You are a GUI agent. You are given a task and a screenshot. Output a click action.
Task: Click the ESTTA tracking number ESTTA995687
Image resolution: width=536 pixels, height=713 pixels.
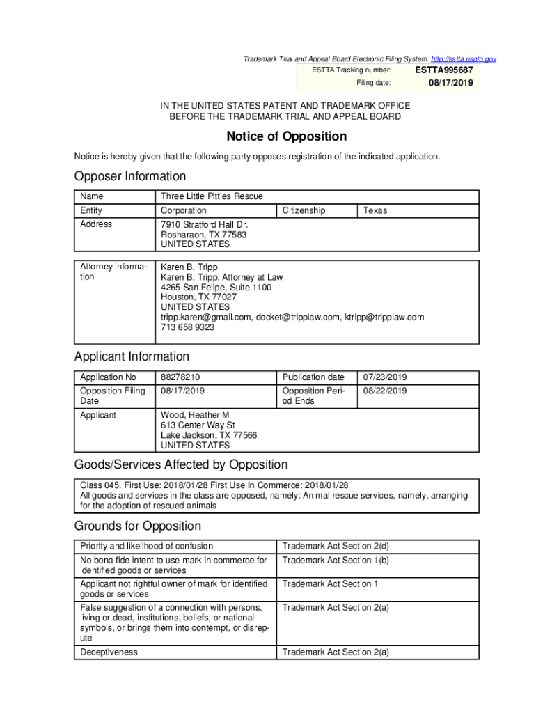point(444,70)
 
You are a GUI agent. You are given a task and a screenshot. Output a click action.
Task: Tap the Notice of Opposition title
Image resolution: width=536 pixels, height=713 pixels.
point(286,136)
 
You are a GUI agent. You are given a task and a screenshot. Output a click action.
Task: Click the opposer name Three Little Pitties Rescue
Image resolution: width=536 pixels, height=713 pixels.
point(212,196)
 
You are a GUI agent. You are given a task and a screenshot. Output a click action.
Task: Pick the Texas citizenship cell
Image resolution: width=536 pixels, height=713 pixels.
point(375,210)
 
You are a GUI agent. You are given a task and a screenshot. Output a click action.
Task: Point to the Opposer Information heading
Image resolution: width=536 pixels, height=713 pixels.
point(130,176)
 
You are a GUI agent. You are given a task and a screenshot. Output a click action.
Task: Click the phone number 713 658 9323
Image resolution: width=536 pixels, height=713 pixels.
point(187,327)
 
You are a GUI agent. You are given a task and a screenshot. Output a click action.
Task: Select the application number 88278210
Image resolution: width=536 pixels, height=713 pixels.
point(180,377)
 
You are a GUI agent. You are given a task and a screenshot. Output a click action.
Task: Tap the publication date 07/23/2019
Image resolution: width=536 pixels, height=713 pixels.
point(384,377)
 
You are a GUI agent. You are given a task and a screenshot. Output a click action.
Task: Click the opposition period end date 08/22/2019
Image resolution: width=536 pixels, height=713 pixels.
point(384,391)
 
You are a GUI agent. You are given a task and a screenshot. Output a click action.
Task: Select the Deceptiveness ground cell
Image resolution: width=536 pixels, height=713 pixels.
point(109,652)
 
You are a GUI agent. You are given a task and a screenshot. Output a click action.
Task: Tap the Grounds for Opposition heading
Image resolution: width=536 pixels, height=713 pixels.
point(137,526)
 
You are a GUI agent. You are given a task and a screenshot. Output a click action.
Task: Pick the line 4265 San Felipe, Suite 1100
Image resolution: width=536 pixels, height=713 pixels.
point(216,287)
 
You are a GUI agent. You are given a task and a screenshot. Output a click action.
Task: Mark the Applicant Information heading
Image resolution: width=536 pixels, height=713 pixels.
point(132,356)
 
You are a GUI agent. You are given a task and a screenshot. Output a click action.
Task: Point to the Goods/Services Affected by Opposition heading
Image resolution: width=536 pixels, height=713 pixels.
point(180,464)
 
